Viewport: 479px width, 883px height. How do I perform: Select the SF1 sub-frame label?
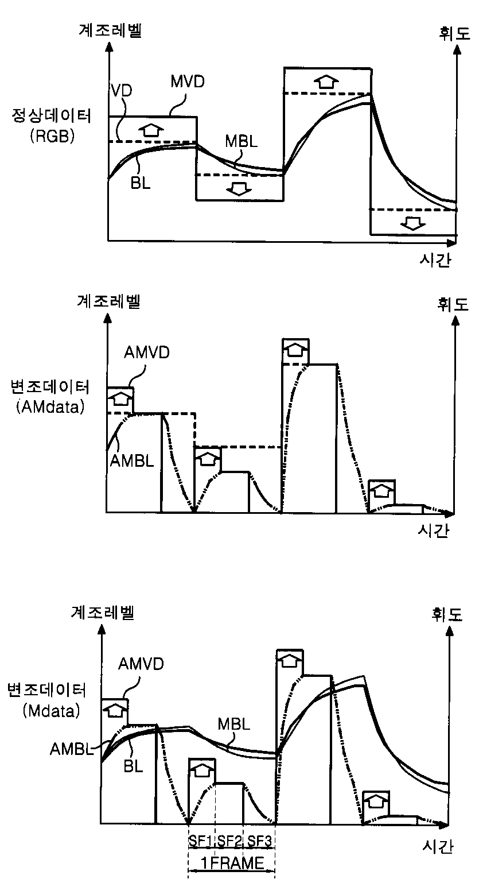(201, 841)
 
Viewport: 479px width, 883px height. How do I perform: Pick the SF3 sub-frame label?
(260, 841)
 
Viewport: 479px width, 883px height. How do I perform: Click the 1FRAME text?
(232, 862)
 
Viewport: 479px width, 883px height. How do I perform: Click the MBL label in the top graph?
(242, 142)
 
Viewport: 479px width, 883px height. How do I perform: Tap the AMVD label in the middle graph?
(147, 352)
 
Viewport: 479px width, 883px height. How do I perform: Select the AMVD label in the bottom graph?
(141, 664)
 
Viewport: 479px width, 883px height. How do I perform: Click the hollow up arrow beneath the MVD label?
(150, 129)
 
